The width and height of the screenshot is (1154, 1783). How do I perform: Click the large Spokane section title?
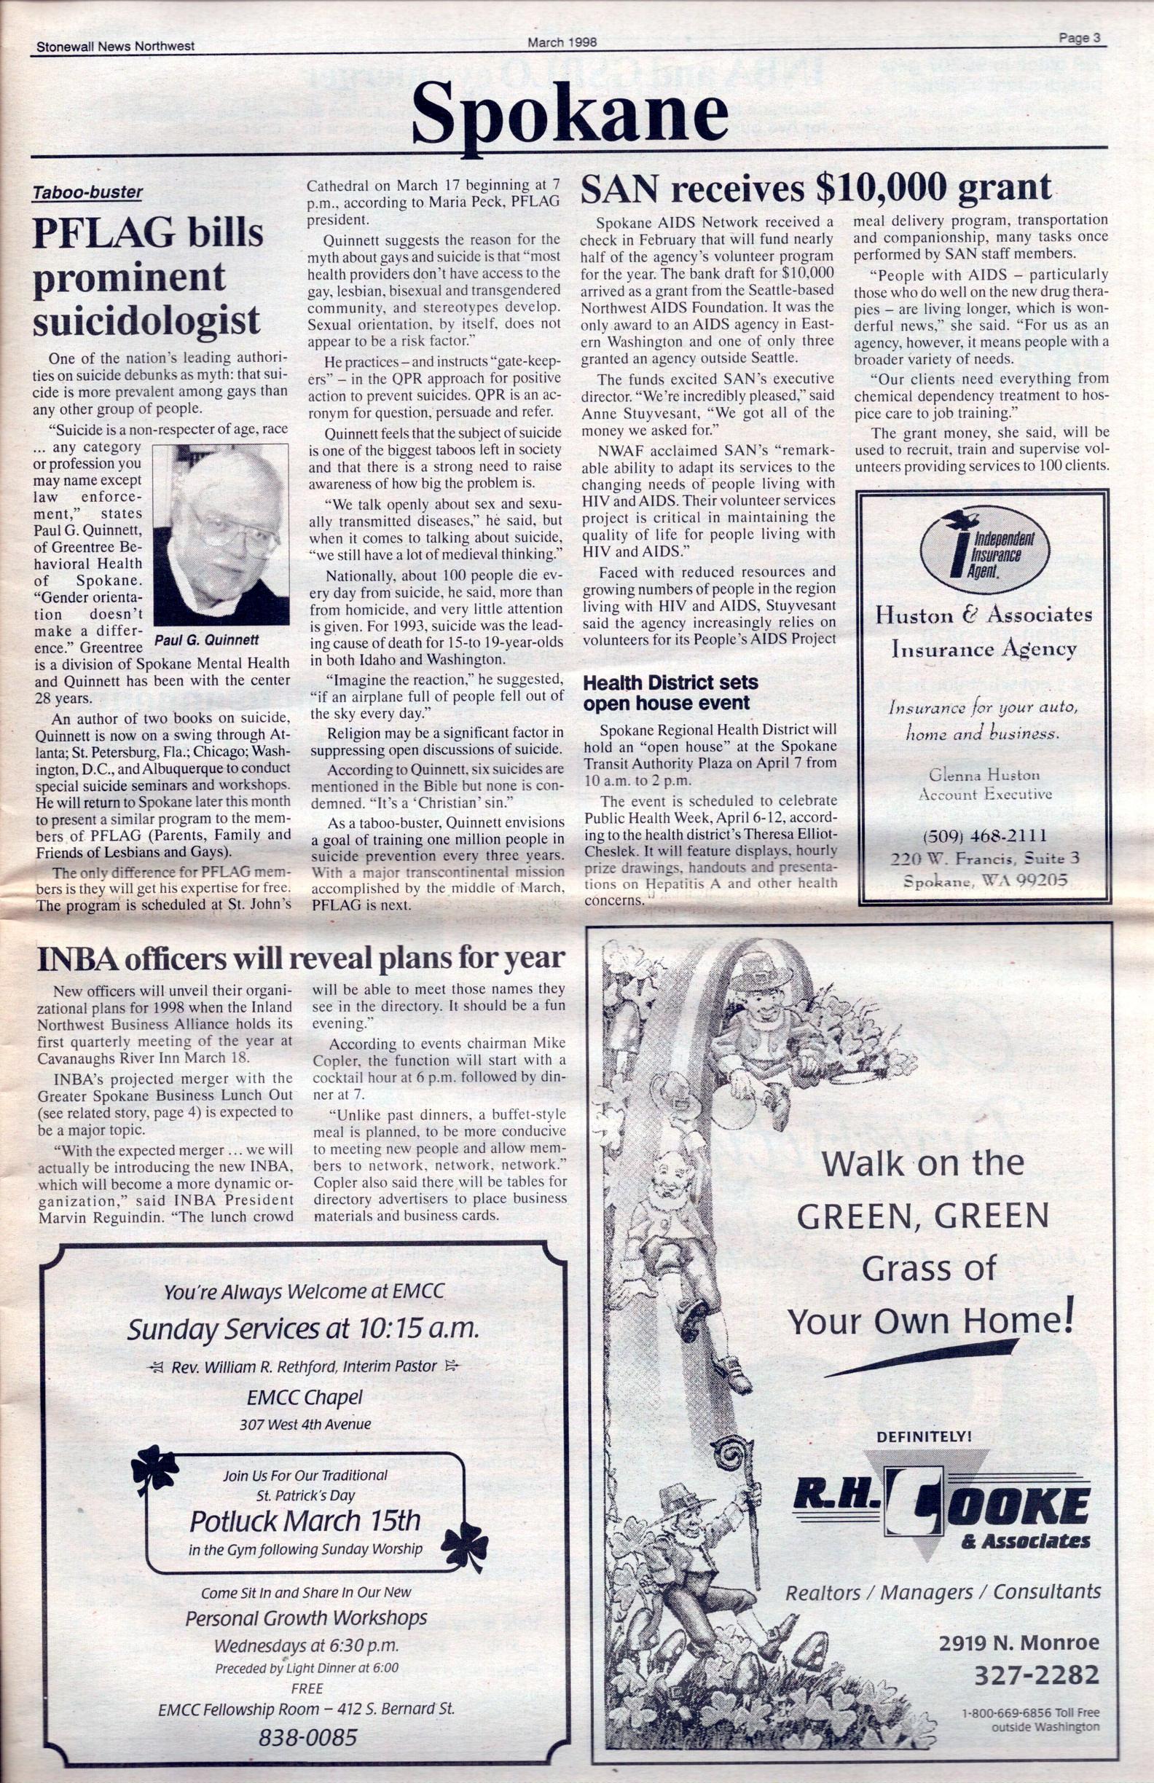pos(570,112)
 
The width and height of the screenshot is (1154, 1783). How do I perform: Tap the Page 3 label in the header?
pos(1079,39)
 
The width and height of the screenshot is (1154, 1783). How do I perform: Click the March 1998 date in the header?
pos(562,43)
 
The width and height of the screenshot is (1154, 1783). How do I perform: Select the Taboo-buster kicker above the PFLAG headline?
pos(87,192)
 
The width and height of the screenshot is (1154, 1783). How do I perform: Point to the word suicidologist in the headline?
pos(147,321)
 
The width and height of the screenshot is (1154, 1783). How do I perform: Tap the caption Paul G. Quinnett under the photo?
pos(207,639)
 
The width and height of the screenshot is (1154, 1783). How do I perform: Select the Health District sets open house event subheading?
pos(670,692)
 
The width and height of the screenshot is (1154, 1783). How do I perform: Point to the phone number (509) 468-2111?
pos(985,835)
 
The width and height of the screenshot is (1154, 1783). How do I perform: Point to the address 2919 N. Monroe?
pos(1019,1642)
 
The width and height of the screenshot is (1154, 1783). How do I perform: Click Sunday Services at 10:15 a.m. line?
pos(303,1329)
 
